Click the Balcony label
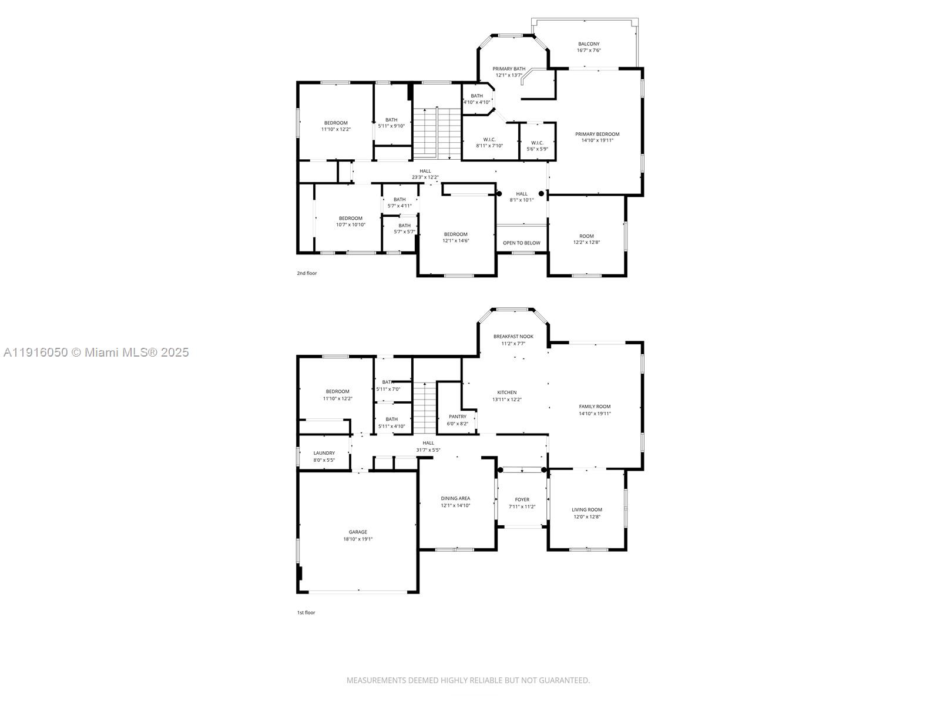pyautogui.click(x=589, y=44)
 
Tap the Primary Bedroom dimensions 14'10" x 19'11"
pyautogui.click(x=597, y=140)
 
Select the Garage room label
pyautogui.click(x=358, y=532)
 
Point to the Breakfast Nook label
pyautogui.click(x=513, y=337)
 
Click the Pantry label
pyautogui.click(x=458, y=417)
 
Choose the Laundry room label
pyautogui.click(x=324, y=453)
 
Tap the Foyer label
pyautogui.click(x=522, y=500)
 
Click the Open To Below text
pyautogui.click(x=521, y=243)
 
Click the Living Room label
pyautogui.click(x=587, y=510)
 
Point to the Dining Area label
pyautogui.click(x=455, y=498)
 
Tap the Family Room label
pyautogui.click(x=595, y=407)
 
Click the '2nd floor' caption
pyautogui.click(x=307, y=273)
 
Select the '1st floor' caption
pyautogui.click(x=306, y=613)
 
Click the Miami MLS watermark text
pyautogui.click(x=96, y=352)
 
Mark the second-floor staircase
pyautogui.click(x=436, y=133)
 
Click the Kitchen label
pyautogui.click(x=506, y=392)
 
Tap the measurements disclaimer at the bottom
pyautogui.click(x=468, y=680)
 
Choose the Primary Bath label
pyautogui.click(x=509, y=69)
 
